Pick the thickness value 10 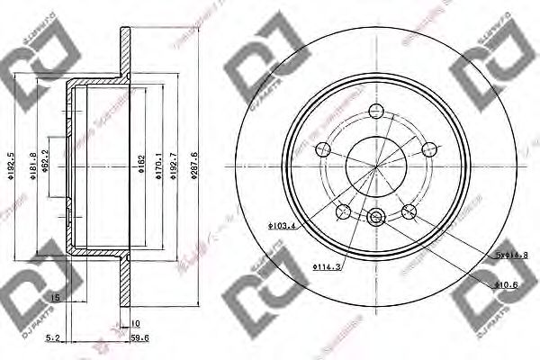point(136,322)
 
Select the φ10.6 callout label point(508,285)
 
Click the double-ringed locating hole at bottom point(376,215)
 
